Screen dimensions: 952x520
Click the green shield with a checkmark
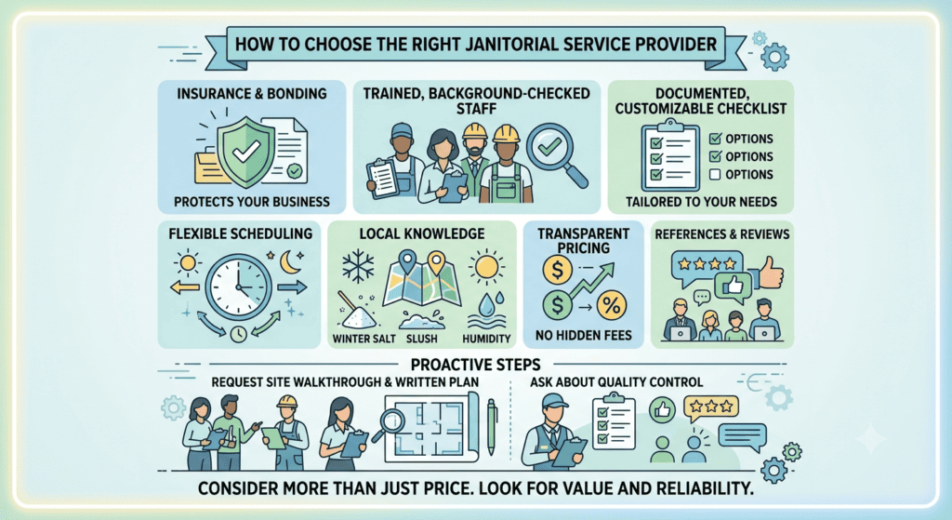pyautogui.click(x=245, y=152)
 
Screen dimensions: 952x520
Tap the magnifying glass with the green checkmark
pyautogui.click(x=556, y=154)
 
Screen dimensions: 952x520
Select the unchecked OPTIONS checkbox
pyautogui.click(x=715, y=175)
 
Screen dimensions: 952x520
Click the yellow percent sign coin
pyautogui.click(x=612, y=305)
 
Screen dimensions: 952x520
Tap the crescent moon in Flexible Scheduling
pyautogui.click(x=290, y=261)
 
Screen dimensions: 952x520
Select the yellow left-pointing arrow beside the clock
pyautogui.click(x=185, y=287)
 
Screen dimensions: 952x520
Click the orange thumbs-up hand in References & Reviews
pyautogui.click(x=769, y=273)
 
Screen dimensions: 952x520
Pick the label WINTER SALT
pyautogui.click(x=364, y=339)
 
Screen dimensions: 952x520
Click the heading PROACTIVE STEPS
pyautogui.click(x=475, y=365)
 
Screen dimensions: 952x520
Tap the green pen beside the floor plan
pyautogui.click(x=492, y=427)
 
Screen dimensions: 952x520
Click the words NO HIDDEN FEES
pyautogui.click(x=584, y=335)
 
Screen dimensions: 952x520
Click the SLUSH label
pyautogui.click(x=421, y=339)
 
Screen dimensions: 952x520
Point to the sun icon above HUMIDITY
pyautogui.click(x=486, y=266)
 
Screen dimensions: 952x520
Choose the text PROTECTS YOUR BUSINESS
pyautogui.click(x=252, y=202)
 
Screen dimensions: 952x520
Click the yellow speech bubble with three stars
pyautogui.click(x=711, y=408)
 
